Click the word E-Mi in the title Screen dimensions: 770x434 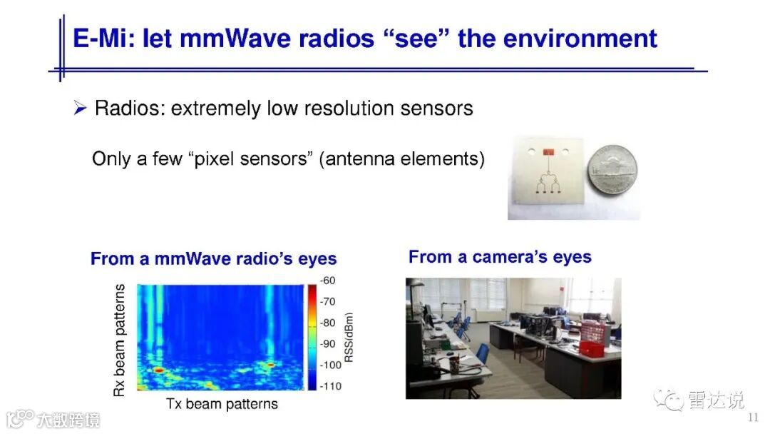(104, 39)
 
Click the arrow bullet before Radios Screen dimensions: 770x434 (80, 107)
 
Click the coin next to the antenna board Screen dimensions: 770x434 (612, 171)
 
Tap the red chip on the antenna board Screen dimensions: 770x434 (548, 152)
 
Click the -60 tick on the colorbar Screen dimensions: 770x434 (327, 280)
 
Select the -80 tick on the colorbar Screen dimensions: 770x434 (327, 323)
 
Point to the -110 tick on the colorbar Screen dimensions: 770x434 (330, 386)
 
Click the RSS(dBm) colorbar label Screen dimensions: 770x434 (349, 337)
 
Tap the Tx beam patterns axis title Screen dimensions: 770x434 (222, 404)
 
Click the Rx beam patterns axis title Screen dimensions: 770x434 (119, 340)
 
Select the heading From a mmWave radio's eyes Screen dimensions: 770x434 (214, 258)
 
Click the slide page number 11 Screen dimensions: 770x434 (753, 418)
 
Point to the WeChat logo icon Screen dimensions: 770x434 (668, 399)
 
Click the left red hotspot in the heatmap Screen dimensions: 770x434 (158, 370)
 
